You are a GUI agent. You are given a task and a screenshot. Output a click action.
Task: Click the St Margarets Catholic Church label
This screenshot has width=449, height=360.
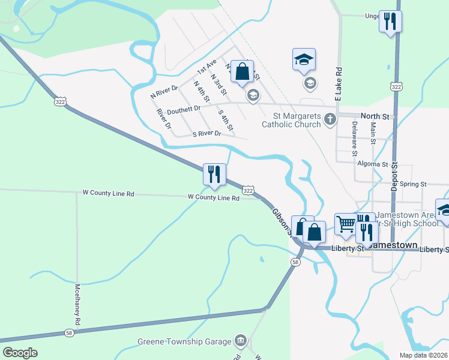point(291,120)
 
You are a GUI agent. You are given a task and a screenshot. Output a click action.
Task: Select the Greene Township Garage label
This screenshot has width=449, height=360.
point(184,341)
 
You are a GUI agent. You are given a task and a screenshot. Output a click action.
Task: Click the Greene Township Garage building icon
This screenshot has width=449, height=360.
point(241,340)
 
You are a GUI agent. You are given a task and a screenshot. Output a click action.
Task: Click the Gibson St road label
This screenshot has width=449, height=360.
point(281,221)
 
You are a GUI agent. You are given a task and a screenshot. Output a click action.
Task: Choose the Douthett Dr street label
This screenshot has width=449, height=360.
point(184,110)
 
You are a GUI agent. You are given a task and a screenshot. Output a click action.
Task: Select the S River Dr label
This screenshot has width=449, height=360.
point(206,134)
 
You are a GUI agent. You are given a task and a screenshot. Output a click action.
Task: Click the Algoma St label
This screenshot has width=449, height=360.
point(372,164)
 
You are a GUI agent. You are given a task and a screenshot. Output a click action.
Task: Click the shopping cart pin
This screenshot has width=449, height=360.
point(346,224)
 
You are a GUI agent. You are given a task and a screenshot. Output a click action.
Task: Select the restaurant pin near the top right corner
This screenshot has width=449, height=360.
point(390,22)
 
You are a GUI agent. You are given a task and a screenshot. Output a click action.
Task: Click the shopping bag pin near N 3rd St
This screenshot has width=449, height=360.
point(241,71)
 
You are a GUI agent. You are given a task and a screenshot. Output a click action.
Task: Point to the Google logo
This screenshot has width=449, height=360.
point(20,353)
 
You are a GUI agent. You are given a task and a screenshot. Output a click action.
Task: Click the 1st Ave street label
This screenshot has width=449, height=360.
point(206,67)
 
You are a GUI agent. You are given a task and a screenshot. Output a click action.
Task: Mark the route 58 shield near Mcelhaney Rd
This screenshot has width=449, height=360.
point(69,332)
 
